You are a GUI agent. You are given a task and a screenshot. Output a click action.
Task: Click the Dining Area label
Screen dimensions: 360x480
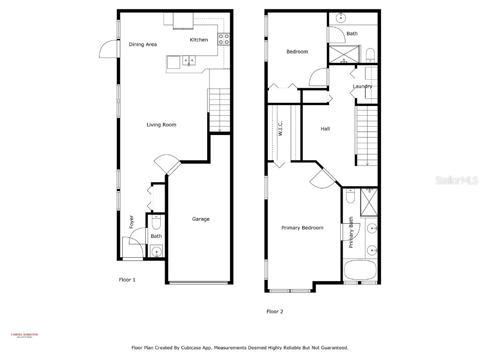click(x=142, y=45)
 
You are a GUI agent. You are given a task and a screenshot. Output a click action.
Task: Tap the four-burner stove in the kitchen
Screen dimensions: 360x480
click(x=224, y=38)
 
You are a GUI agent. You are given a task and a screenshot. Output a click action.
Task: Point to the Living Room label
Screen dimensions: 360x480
click(x=161, y=125)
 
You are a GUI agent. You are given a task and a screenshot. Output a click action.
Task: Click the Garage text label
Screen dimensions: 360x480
click(x=201, y=219)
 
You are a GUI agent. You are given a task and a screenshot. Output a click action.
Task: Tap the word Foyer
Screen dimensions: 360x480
click(x=132, y=222)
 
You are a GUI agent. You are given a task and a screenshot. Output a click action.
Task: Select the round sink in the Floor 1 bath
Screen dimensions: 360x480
click(x=157, y=252)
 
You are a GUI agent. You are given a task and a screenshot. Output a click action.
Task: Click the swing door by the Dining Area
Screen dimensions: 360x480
click(x=108, y=48)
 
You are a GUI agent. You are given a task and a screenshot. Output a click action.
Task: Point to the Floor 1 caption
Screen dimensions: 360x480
click(x=127, y=280)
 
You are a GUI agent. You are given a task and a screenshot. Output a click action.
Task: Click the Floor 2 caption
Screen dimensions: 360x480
click(x=275, y=311)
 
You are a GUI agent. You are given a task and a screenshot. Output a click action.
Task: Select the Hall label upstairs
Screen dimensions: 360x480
click(x=325, y=128)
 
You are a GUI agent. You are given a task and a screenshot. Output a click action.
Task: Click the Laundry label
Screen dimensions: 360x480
click(x=362, y=86)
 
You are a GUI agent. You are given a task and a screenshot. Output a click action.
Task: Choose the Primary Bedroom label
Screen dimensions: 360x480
click(x=302, y=228)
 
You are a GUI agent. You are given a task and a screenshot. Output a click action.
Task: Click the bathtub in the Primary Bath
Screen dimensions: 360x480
click(x=360, y=270)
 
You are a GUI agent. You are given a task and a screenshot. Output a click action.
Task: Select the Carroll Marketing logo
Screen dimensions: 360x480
click(x=24, y=335)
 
